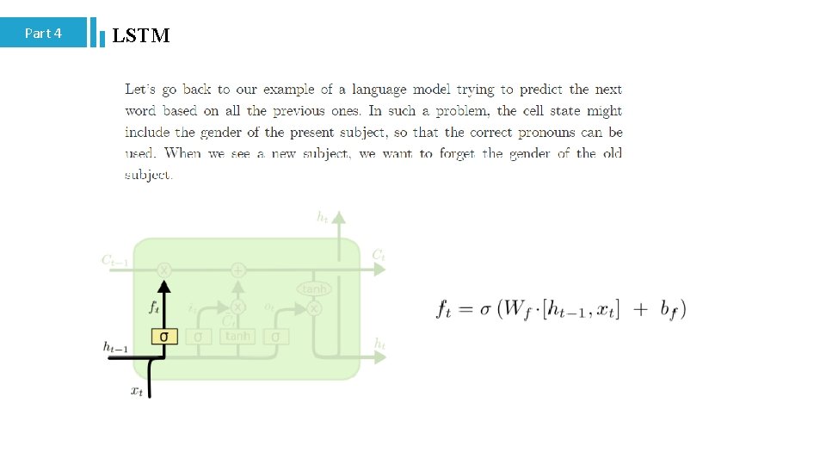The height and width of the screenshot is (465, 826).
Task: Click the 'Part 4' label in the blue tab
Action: [43, 34]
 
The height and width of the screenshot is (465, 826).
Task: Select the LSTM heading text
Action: [141, 35]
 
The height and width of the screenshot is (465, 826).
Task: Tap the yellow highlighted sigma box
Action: [164, 336]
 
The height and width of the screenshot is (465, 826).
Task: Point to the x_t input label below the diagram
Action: [137, 391]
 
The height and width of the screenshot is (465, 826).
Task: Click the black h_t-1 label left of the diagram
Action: [115, 346]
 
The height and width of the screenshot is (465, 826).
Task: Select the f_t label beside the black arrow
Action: [154, 306]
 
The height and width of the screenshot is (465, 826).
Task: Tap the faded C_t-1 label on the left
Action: [115, 259]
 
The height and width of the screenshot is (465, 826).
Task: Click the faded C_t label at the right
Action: [378, 255]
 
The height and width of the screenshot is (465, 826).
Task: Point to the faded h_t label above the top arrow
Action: [323, 218]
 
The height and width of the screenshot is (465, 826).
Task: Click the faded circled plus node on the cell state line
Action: [238, 270]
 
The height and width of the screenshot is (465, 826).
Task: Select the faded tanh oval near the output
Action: [314, 289]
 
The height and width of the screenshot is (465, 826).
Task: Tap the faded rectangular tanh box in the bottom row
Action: [237, 336]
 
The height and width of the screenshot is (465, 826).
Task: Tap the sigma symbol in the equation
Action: [484, 310]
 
